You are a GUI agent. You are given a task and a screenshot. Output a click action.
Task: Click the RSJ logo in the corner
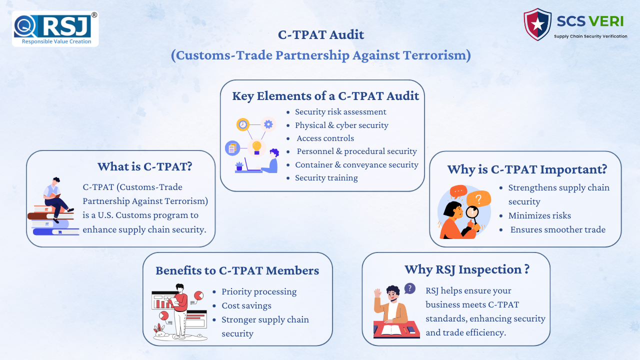[x=55, y=29]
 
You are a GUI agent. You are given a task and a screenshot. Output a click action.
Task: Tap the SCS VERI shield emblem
[x=537, y=24]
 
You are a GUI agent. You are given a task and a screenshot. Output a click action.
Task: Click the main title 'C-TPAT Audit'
[x=321, y=35]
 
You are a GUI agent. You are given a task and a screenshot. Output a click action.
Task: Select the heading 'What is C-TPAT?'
[x=145, y=166]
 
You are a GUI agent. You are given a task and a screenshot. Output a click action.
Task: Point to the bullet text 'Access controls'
[x=325, y=138]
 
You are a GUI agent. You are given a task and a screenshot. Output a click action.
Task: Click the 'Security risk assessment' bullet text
[x=340, y=111]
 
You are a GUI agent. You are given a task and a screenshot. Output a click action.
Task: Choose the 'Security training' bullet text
[x=326, y=177]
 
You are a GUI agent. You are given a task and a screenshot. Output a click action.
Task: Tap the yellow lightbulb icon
[x=256, y=147]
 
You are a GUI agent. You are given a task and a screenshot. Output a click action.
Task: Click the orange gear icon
[x=268, y=124]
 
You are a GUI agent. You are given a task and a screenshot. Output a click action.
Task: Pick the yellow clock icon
[x=243, y=124]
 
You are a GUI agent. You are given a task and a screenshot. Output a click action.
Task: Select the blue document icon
[x=232, y=148]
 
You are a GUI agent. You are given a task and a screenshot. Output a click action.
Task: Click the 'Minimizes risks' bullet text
[x=539, y=215]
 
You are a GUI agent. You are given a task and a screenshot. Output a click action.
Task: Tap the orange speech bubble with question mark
[x=478, y=199]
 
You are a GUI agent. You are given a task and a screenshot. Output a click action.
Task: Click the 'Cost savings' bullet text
[x=246, y=305]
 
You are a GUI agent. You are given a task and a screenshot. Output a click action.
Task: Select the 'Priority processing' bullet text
[x=259, y=291]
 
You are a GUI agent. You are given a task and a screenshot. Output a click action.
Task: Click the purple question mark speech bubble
[x=409, y=288]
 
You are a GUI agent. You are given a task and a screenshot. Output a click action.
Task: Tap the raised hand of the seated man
[x=377, y=293]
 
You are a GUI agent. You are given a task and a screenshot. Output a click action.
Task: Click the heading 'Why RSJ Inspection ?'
[x=467, y=269]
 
